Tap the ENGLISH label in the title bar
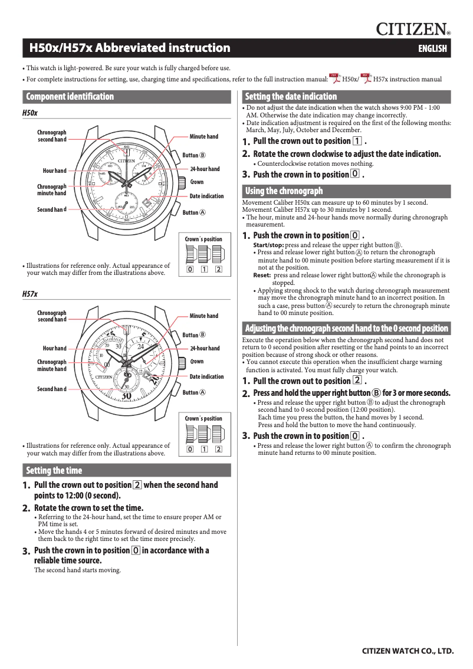[x=432, y=49]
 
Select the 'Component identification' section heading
[x=70, y=97]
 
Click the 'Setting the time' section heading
[x=54, y=471]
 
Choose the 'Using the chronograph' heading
[x=284, y=191]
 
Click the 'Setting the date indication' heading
[x=291, y=97]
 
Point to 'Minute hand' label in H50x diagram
[x=203, y=137]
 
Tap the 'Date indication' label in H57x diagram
[x=206, y=376]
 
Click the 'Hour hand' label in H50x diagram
[x=54, y=171]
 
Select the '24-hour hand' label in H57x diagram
[x=205, y=349]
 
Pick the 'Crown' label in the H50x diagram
[x=196, y=182]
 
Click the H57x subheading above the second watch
[x=29, y=293]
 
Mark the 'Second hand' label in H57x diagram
[x=51, y=389]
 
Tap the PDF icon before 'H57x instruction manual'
[x=366, y=78]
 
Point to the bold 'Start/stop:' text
[x=268, y=245]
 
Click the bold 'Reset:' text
[x=262, y=276]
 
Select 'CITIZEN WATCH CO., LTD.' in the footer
[x=408, y=651]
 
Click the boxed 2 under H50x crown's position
[x=218, y=270]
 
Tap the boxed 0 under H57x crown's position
[x=190, y=450]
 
